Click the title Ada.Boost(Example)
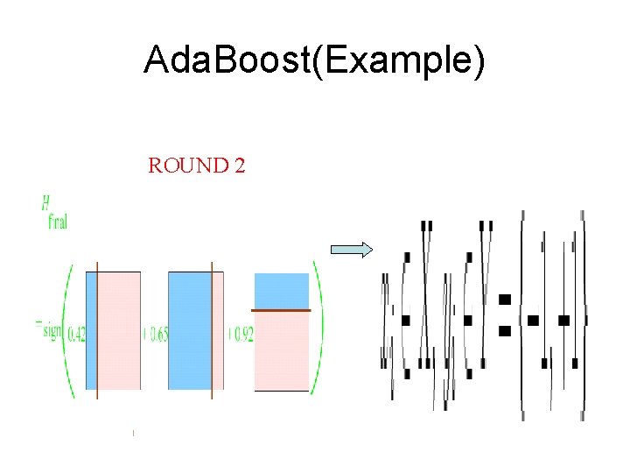pyautogui.click(x=314, y=62)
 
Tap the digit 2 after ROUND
pyautogui.click(x=239, y=166)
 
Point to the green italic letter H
pyautogui.click(x=45, y=204)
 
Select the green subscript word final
pyautogui.click(x=57, y=222)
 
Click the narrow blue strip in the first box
pyautogui.click(x=91, y=330)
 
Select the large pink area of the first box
pyautogui.click(x=119, y=330)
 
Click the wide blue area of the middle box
pyautogui.click(x=189, y=330)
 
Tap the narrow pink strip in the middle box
pyautogui.click(x=218, y=330)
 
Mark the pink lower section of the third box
pyautogui.click(x=282, y=350)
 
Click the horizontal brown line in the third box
pyautogui.click(x=282, y=311)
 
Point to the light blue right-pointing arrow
pyautogui.click(x=351, y=250)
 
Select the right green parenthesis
pyautogui.click(x=318, y=331)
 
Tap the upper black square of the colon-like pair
pyautogui.click(x=504, y=300)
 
